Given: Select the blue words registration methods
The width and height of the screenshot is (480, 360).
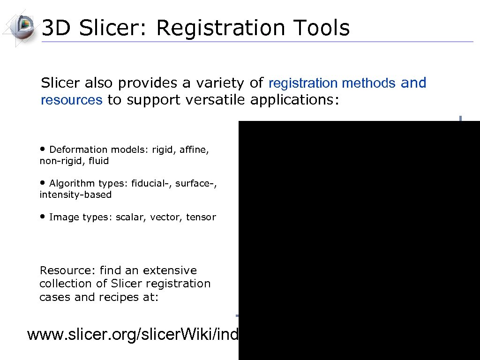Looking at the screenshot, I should click(332, 83).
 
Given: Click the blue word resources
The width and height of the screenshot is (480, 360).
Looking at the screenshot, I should click(71, 100).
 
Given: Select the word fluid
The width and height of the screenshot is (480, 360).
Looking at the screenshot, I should click(98, 161).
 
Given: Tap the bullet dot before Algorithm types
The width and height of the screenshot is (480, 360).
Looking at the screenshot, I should click(43, 182).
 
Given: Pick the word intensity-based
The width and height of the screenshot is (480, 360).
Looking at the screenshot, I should click(75, 195).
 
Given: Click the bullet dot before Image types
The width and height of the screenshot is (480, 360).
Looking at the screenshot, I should click(43, 216).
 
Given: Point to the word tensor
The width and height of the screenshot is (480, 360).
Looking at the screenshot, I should click(201, 217).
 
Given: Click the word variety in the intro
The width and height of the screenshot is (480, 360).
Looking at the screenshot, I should click(219, 83).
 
